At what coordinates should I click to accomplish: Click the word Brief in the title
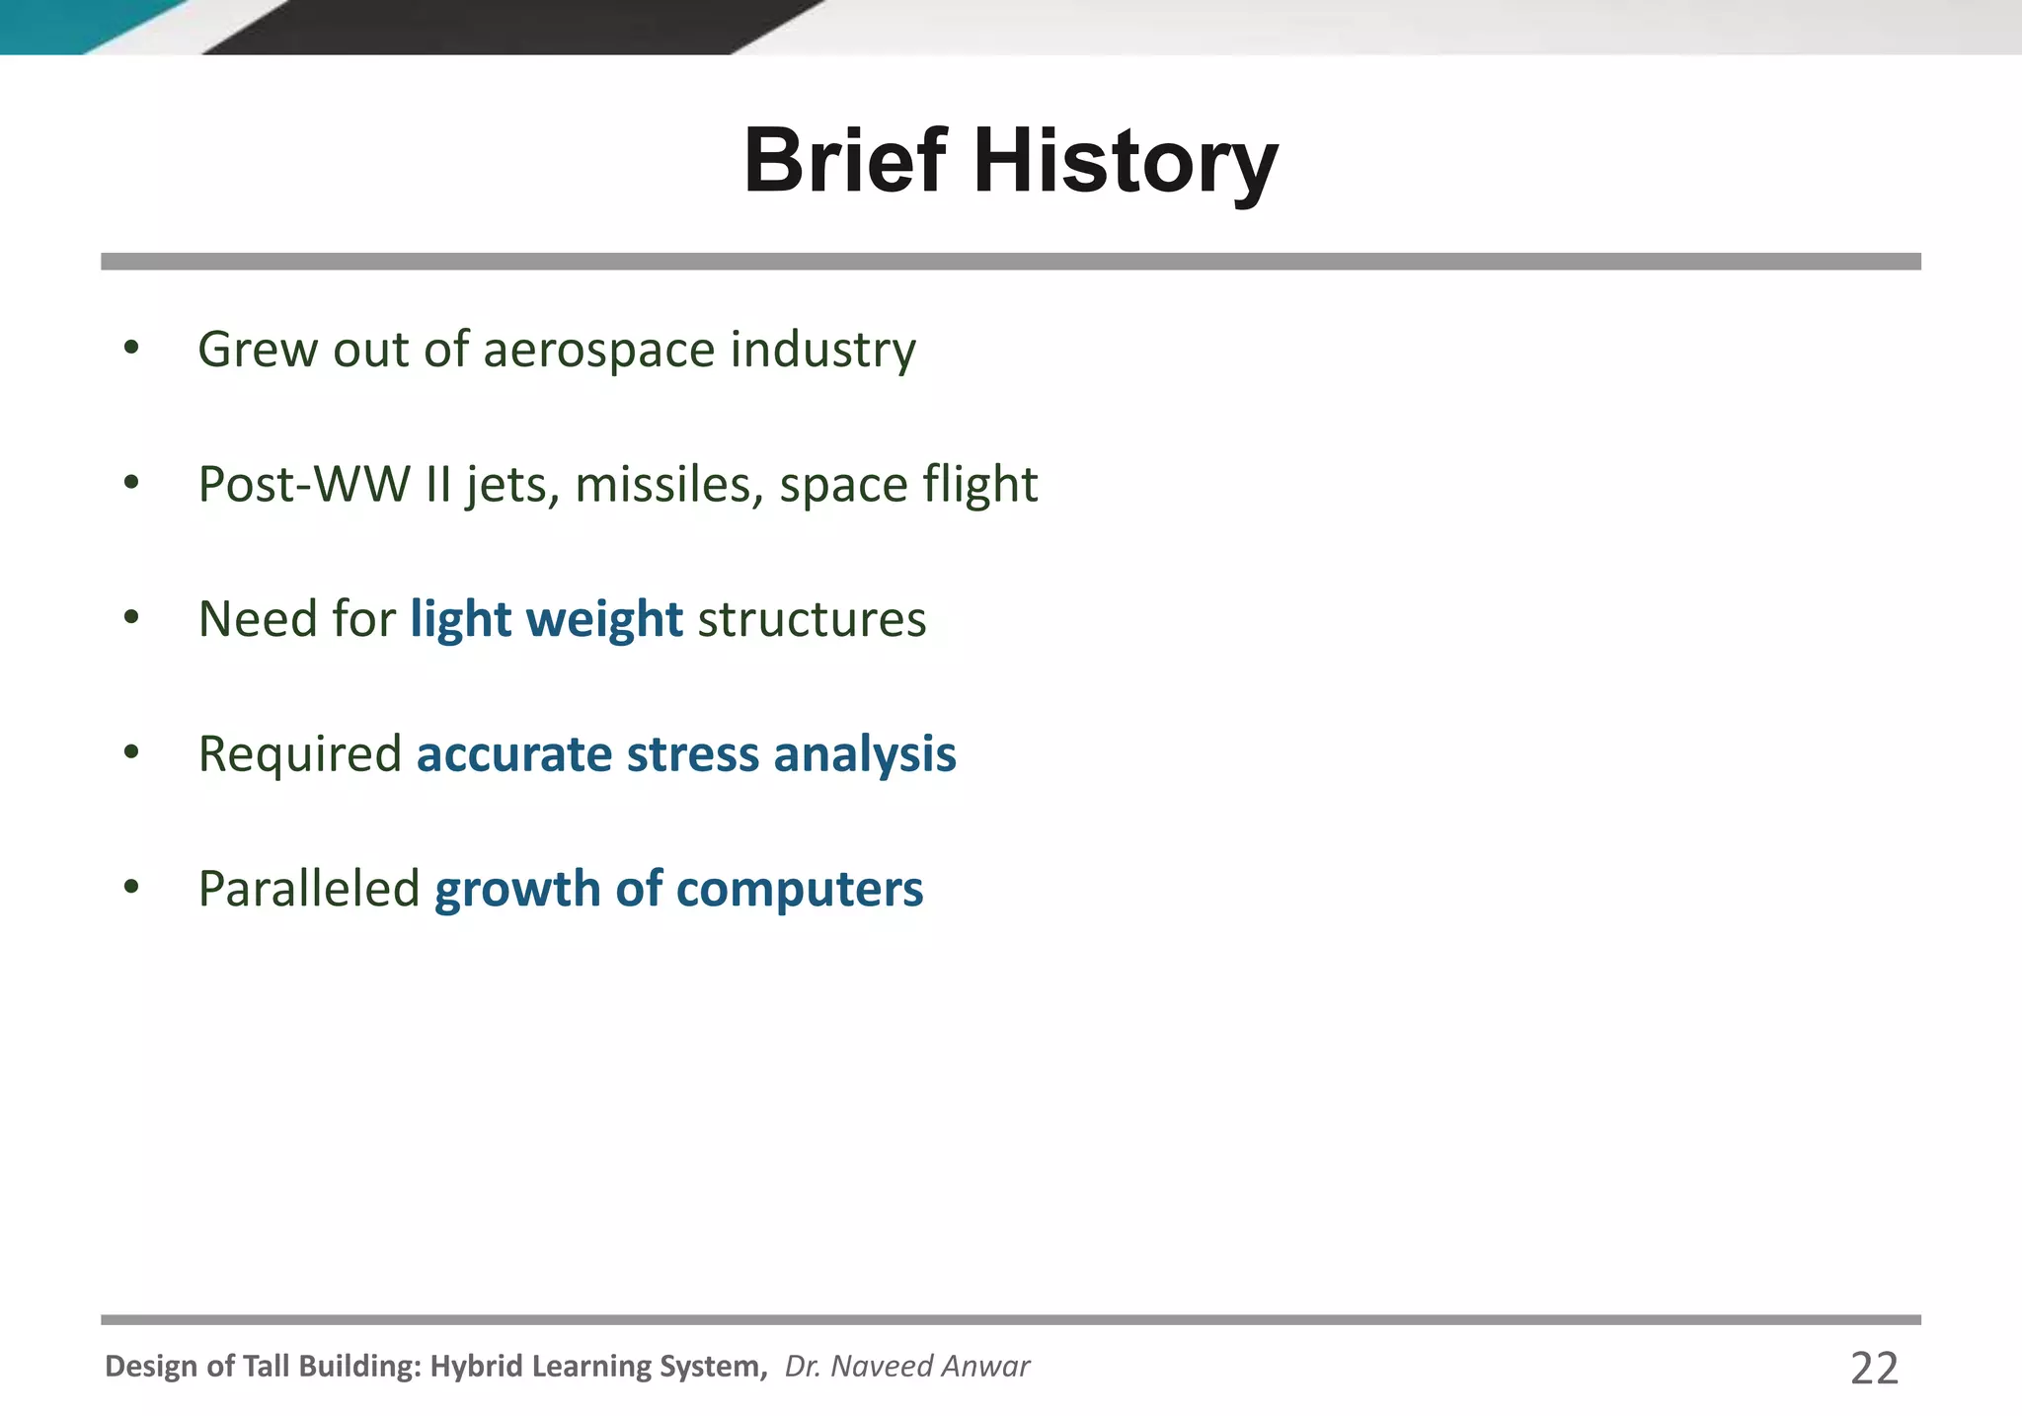[844, 161]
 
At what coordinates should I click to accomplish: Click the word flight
[979, 485]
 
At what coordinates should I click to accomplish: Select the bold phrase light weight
[546, 620]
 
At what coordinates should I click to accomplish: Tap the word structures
[812, 620]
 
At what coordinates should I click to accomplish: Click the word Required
[299, 755]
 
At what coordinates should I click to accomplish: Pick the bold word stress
[692, 754]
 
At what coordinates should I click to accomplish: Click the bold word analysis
[864, 755]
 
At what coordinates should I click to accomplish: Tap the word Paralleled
[309, 889]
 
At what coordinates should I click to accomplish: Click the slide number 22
[1873, 1369]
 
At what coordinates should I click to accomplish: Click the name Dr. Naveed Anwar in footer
[906, 1367]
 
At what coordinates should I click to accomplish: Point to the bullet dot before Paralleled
[131, 887]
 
